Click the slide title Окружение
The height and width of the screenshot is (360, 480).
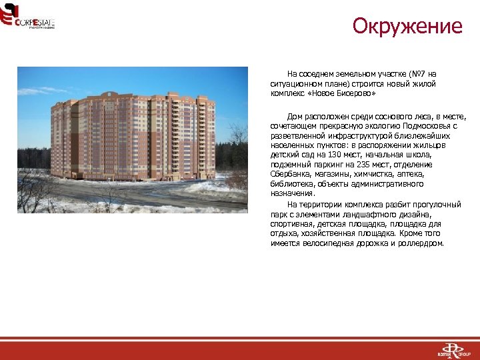click(x=407, y=26)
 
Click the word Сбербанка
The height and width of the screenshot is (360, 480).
click(x=290, y=173)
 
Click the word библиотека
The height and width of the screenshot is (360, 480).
click(x=293, y=183)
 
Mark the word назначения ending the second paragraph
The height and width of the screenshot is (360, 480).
click(x=292, y=193)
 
